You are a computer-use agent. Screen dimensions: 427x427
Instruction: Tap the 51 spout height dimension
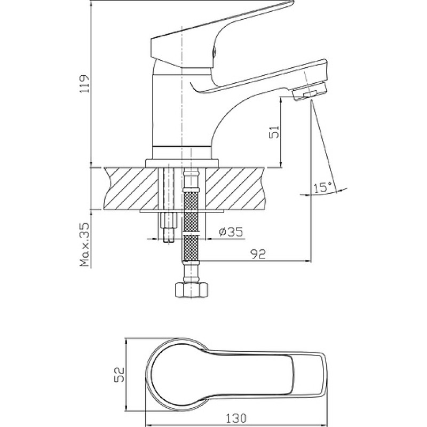pyautogui.click(x=274, y=132)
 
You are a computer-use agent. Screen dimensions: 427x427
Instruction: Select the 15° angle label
pyautogui.click(x=323, y=187)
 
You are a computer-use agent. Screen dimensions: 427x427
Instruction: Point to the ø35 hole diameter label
pyautogui.click(x=231, y=232)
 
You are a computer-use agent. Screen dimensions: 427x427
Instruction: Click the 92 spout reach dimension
pyautogui.click(x=258, y=254)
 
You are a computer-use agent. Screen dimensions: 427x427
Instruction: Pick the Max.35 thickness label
pyautogui.click(x=85, y=244)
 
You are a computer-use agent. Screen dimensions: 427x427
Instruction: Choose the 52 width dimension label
pyautogui.click(x=118, y=375)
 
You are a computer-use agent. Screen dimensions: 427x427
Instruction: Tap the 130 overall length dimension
pyautogui.click(x=235, y=417)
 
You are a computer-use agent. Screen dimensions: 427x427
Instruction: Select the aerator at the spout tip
pyautogui.click(x=310, y=91)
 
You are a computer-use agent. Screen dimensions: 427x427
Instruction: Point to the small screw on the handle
pyautogui.click(x=214, y=51)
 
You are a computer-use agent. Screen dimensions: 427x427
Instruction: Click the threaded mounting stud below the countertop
pyautogui.click(x=169, y=227)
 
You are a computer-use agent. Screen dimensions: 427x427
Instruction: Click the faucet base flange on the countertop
pyautogui.click(x=182, y=163)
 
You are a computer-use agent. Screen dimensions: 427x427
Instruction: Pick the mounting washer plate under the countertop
pyautogui.click(x=182, y=211)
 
